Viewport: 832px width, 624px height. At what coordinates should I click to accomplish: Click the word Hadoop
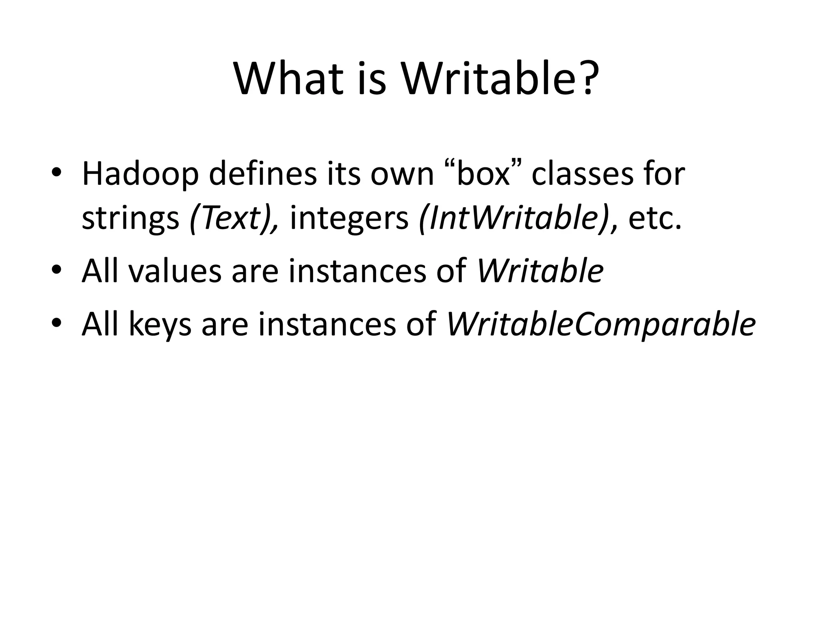(141, 174)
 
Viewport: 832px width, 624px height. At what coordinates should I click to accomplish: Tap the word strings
(130, 219)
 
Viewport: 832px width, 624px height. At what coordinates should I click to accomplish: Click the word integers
(349, 219)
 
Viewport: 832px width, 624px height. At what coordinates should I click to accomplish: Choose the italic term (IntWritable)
(514, 219)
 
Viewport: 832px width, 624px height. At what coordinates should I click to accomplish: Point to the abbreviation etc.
(654, 219)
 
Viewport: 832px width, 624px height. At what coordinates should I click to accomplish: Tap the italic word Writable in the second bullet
(540, 271)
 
